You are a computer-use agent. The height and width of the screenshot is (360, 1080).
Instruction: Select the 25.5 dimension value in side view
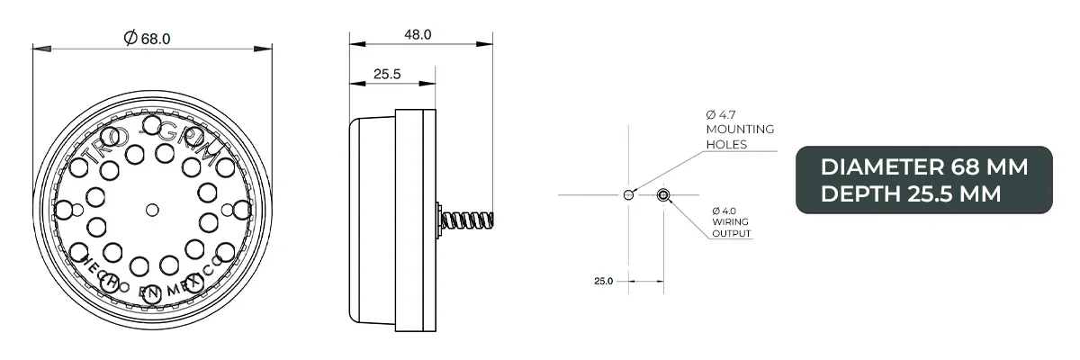[386, 75]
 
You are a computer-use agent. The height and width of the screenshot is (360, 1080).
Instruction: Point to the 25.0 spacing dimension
[603, 281]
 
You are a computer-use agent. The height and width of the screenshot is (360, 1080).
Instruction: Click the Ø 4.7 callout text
[722, 115]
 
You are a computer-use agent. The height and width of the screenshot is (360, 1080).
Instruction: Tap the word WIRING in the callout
[728, 222]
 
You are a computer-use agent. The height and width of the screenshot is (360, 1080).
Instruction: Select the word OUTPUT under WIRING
[732, 234]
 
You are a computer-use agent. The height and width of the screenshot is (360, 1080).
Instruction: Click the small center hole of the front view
[152, 209]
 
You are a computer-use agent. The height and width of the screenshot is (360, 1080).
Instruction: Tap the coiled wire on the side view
[468, 220]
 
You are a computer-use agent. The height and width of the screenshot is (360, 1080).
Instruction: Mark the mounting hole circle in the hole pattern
[628, 194]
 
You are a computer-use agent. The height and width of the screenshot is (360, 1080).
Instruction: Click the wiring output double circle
[662, 194]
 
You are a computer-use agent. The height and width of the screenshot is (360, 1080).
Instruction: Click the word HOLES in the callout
[726, 144]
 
